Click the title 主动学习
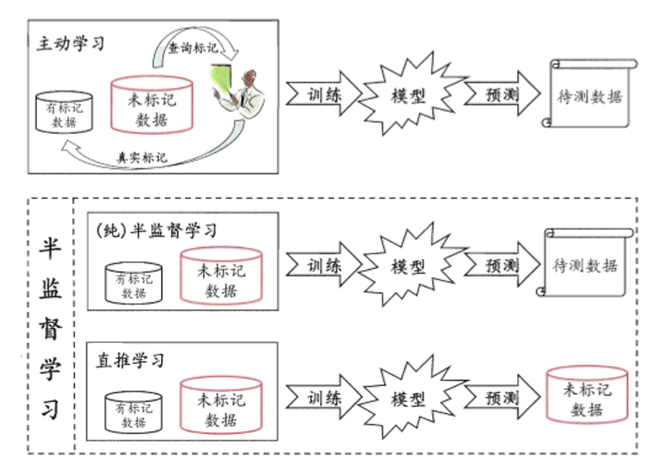[71, 43]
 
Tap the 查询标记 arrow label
[193, 48]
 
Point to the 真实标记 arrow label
[142, 158]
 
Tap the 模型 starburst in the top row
[409, 96]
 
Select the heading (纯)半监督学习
[156, 230]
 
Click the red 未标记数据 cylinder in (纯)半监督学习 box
[221, 276]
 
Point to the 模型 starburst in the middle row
[409, 267]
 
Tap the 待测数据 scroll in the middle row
[585, 265]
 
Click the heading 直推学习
[130, 360]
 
